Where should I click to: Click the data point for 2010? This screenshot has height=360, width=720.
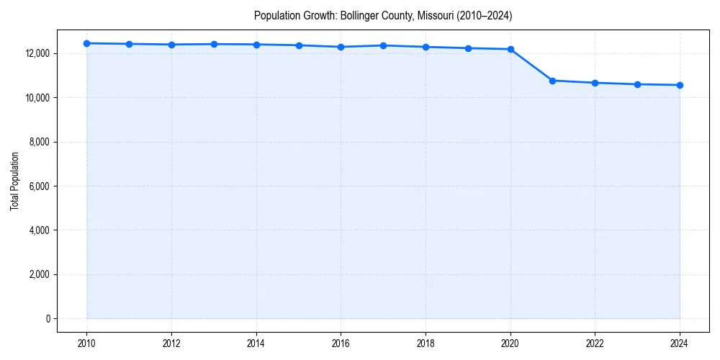(x=86, y=43)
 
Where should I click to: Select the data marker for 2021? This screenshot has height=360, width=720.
(x=552, y=81)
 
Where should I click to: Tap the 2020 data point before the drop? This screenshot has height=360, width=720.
(x=510, y=49)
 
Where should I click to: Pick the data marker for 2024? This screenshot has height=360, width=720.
(x=680, y=85)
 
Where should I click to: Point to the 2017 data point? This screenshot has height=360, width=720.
(x=383, y=45)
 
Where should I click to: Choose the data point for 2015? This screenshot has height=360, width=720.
(x=299, y=45)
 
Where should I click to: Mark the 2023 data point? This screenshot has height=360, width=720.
(x=637, y=84)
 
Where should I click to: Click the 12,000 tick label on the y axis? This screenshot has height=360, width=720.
(x=37, y=53)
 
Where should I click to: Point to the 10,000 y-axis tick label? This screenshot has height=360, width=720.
(x=37, y=97)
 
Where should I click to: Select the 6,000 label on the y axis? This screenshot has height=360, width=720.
(x=39, y=186)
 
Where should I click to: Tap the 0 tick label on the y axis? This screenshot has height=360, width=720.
(x=47, y=318)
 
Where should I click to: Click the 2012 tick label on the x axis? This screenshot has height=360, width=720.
(x=171, y=343)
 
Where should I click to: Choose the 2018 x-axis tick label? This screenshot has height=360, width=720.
(x=426, y=343)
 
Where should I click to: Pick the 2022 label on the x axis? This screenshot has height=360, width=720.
(x=595, y=343)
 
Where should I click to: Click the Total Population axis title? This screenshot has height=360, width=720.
(x=14, y=181)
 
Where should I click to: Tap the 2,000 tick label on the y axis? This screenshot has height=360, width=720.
(x=39, y=274)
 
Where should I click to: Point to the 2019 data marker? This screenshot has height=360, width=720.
(x=468, y=48)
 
